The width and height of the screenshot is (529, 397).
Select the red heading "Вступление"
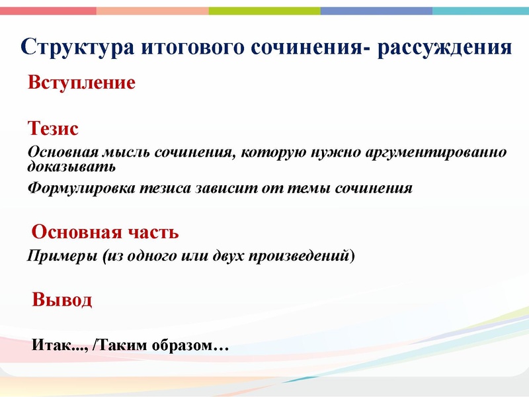(81, 83)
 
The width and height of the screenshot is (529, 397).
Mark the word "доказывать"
(62, 165)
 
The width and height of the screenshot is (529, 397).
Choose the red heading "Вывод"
(62, 300)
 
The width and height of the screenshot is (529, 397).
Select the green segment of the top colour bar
(264, 11)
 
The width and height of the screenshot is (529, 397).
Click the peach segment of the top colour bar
(152, 11)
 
